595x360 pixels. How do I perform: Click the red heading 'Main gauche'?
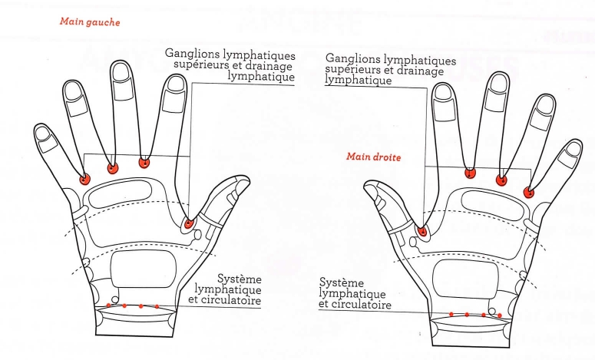click(90, 23)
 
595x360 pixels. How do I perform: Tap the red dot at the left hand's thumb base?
click(188, 223)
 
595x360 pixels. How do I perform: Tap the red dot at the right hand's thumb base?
click(422, 231)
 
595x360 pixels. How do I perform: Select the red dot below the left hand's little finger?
click(84, 180)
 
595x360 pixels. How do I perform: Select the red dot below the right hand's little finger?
click(528, 191)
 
